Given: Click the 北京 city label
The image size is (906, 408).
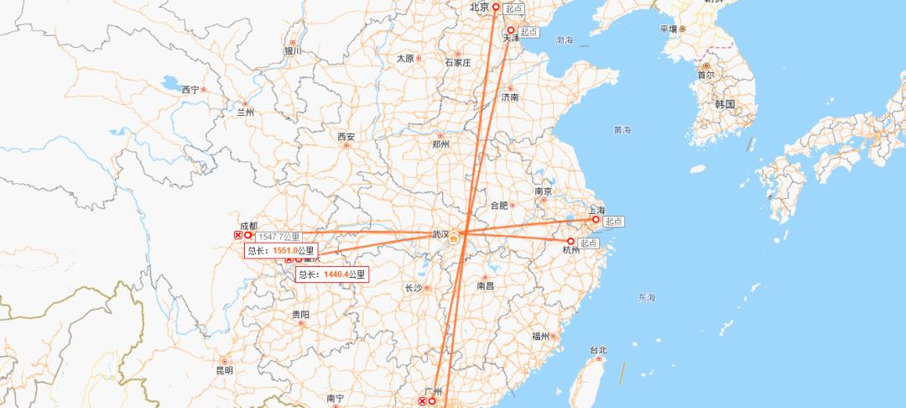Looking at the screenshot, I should (479, 7).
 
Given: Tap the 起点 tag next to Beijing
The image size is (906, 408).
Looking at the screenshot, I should (513, 8).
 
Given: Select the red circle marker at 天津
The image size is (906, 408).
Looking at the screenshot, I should (510, 30).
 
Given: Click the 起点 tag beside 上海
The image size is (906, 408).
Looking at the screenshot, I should (613, 221).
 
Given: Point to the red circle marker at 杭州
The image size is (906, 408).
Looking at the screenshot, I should (571, 241).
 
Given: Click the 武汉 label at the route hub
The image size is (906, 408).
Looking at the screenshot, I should (440, 234).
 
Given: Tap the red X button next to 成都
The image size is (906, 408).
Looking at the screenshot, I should (238, 236).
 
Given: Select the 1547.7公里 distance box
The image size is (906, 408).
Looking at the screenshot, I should (278, 238).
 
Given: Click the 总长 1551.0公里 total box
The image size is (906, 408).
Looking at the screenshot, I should (281, 250).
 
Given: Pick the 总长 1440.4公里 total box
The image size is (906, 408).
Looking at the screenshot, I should (332, 274).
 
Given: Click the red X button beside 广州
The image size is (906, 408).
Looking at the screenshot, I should (422, 402).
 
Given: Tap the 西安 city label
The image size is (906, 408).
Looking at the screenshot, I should (346, 137).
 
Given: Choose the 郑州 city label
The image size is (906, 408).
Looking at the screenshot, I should (440, 144).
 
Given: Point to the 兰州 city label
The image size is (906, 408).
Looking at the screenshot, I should (245, 112).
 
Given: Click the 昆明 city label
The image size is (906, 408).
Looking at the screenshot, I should (224, 370).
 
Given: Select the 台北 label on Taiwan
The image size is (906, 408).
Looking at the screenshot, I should (598, 350).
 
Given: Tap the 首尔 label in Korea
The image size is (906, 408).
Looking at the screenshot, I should (706, 75).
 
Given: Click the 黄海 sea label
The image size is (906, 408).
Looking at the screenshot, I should (622, 130).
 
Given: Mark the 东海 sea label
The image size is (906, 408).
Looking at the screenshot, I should (647, 298).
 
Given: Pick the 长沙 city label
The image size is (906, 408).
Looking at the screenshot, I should (414, 288).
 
